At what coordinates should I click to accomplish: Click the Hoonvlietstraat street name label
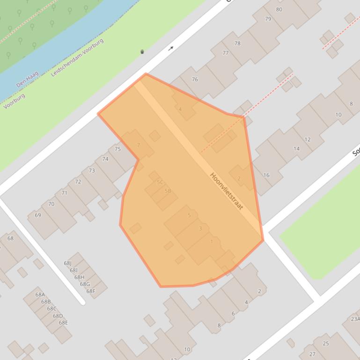227,191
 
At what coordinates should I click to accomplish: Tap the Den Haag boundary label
27,79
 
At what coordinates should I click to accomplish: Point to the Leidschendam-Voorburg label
77,58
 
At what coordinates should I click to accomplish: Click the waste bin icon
142,52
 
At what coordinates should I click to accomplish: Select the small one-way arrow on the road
171,48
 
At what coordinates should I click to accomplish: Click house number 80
279,9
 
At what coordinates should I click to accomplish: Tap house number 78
237,43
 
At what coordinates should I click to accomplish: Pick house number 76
195,79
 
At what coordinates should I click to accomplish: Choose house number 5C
160,182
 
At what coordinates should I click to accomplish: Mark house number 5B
168,191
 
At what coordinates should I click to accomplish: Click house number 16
266,175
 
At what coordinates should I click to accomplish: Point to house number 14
296,149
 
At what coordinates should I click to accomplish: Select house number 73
92,171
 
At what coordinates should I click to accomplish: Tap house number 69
38,215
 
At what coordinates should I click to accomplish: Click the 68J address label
67,263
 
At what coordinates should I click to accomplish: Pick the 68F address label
90,291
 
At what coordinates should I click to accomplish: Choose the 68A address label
40,295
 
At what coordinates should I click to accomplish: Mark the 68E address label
63,323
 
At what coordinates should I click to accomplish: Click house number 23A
355,319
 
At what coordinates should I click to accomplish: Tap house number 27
312,354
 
